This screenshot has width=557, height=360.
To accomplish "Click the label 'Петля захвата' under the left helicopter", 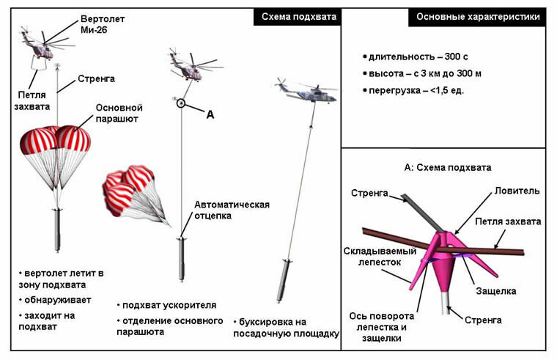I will (x=34, y=100).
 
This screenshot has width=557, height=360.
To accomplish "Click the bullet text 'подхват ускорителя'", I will (x=159, y=305).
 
